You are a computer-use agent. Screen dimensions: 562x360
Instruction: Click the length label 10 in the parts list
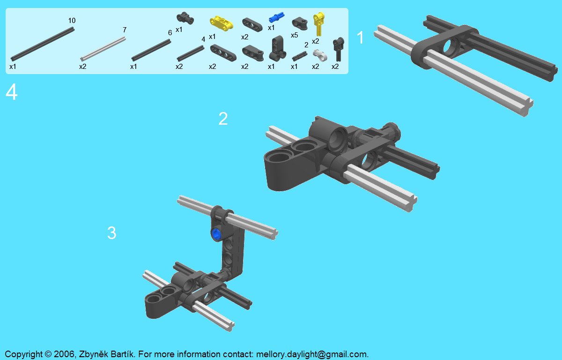tap(72, 21)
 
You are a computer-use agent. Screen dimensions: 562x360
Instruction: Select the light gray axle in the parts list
tap(103, 49)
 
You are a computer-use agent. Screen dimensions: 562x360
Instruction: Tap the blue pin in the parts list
tap(276, 17)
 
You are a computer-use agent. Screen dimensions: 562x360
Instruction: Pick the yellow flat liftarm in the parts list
tap(221, 23)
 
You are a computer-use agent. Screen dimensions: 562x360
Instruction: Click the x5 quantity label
tap(294, 36)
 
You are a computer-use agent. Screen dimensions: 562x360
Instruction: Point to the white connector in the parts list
tap(320, 55)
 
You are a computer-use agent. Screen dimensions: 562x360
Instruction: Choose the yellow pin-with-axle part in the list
tap(318, 24)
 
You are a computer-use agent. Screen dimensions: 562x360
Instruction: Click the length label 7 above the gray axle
tap(125, 30)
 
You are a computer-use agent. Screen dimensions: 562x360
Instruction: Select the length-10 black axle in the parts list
tap(43, 44)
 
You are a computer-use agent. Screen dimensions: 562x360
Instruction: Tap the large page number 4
tap(12, 92)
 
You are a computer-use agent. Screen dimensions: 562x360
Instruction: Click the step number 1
tap(360, 37)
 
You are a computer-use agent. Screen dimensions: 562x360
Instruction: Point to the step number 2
tap(223, 119)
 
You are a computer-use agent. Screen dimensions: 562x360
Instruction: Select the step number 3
tap(111, 232)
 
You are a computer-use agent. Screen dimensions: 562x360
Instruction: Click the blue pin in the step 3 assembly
tap(216, 234)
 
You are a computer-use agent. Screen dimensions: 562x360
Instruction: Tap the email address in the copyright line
tap(311, 354)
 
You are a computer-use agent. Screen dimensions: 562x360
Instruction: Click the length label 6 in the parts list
tap(170, 33)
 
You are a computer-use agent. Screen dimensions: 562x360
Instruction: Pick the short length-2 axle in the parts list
tap(300, 56)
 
